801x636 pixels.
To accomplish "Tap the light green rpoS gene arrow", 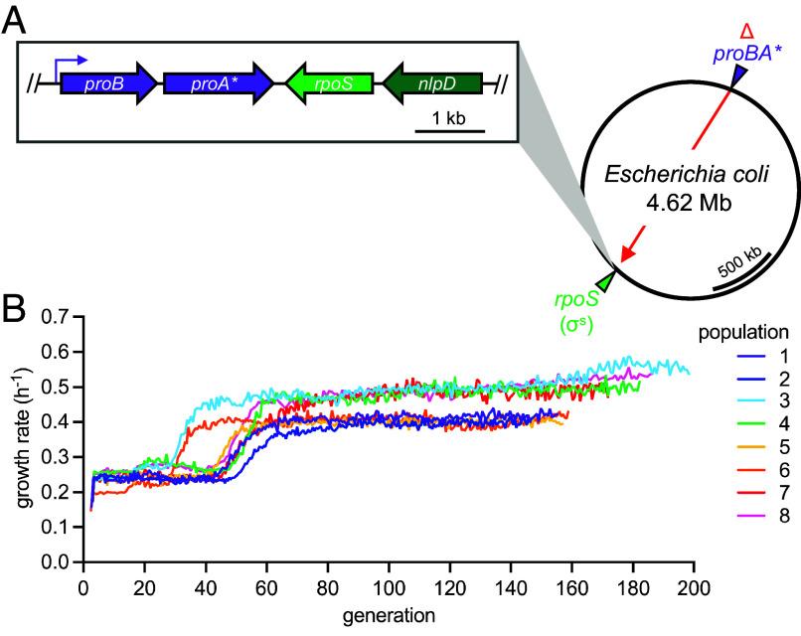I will click(329, 84).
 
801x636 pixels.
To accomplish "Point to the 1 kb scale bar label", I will click(449, 117).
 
